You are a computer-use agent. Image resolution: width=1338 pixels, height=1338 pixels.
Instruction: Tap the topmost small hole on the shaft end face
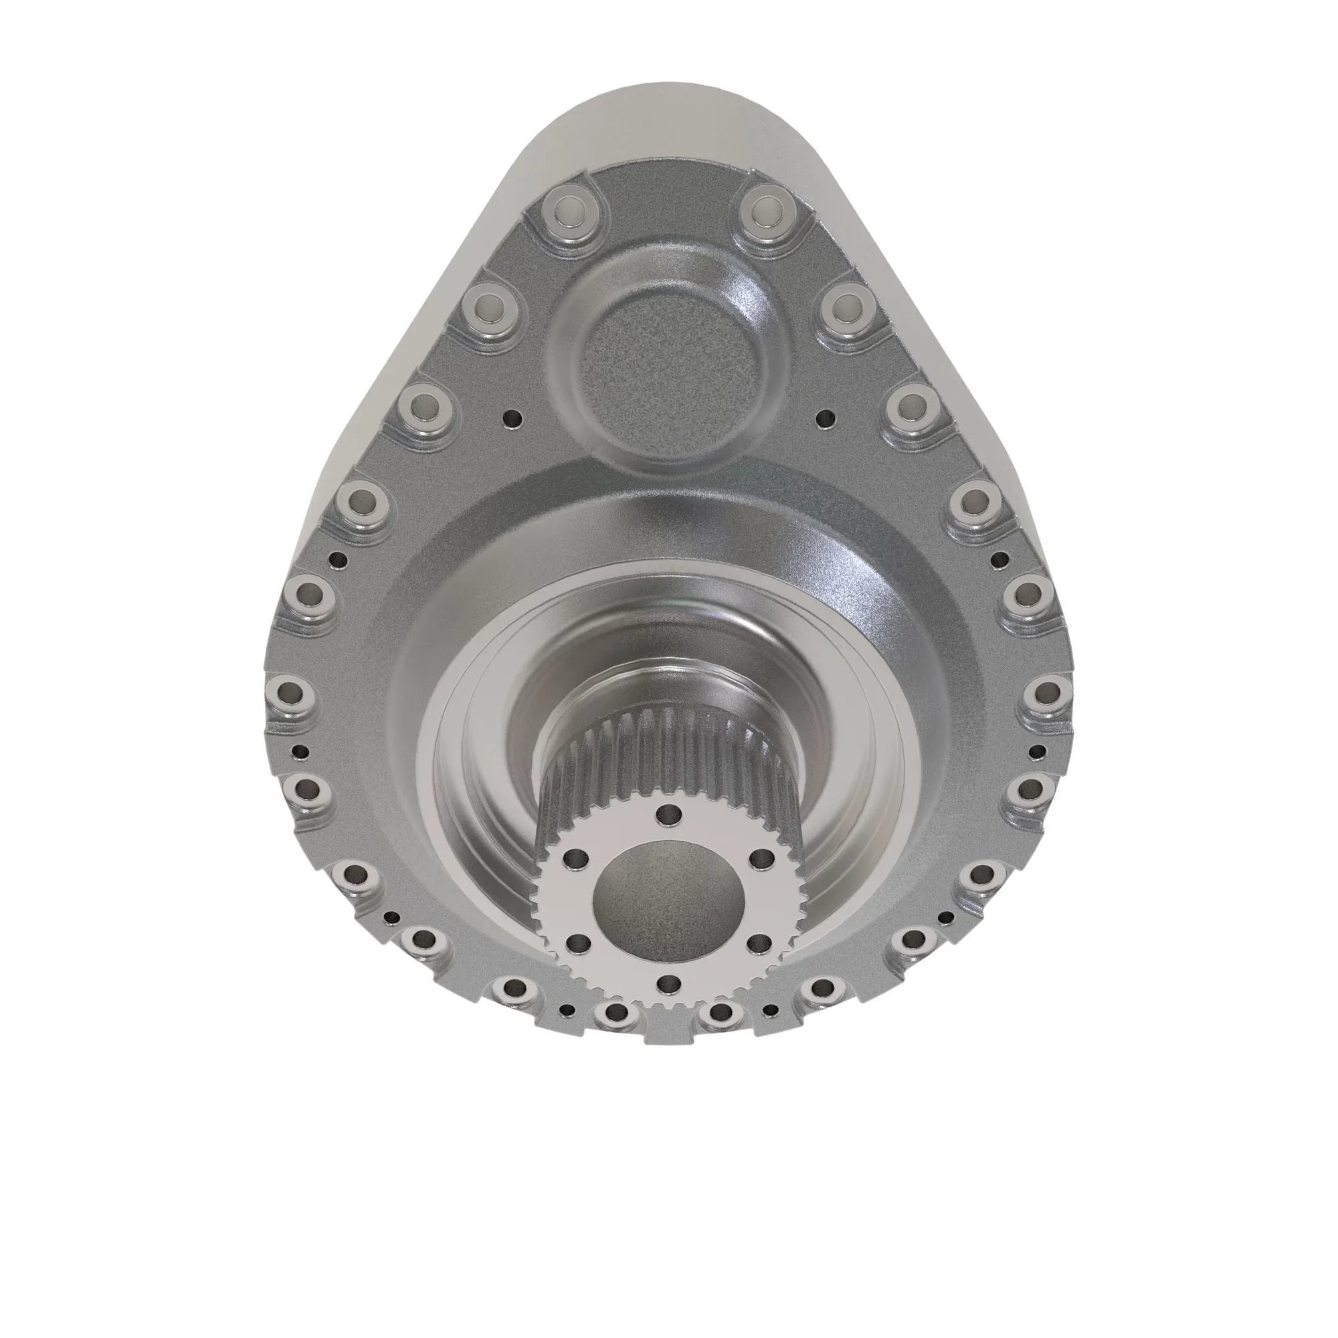coord(667,816)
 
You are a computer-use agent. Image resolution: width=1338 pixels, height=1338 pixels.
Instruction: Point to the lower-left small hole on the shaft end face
coord(574,943)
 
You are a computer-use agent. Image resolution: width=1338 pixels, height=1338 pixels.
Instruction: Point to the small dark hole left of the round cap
coord(512,418)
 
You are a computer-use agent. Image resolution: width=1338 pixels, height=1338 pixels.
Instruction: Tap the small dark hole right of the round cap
coord(824,418)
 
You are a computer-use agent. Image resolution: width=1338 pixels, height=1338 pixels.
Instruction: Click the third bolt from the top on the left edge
coord(428,405)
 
